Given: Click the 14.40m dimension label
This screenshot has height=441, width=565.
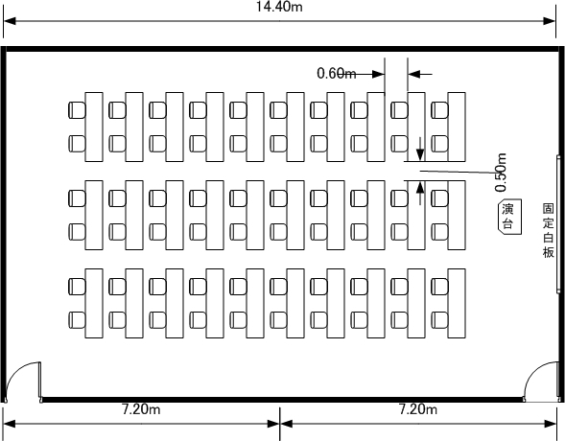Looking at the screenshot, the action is tap(279, 7).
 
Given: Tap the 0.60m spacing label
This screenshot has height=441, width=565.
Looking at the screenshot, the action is tap(336, 74).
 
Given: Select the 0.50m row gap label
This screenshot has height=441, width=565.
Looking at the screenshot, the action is tap(501, 173).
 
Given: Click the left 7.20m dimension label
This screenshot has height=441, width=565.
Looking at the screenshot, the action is tap(141, 409).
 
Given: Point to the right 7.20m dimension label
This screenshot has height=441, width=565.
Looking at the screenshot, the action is tap(418, 409).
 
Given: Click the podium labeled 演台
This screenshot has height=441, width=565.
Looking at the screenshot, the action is tap(509, 216).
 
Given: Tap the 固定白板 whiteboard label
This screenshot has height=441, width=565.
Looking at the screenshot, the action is tap(548, 231).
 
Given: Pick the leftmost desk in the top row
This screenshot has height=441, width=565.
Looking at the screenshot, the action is tap(94, 127).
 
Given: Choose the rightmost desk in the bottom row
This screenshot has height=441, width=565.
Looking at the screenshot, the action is tap(457, 303).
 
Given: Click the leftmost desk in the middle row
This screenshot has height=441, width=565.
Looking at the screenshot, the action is tap(94, 215).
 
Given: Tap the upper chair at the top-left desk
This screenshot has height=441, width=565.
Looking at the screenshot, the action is tap(77, 110).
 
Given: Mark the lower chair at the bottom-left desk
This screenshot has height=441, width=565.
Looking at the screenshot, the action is tap(77, 320).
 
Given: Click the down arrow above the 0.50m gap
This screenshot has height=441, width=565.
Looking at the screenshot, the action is tap(420, 149).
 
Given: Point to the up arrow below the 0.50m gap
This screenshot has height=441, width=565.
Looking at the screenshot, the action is tap(420, 194).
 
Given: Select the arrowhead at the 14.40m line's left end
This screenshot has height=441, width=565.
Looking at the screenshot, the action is tap(10, 21).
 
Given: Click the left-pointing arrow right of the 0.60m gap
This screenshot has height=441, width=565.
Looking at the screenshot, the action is tap(420, 74).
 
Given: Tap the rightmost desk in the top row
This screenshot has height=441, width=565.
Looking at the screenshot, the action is tap(457, 127).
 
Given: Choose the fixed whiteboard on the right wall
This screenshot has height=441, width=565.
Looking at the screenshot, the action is tap(558, 224).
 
